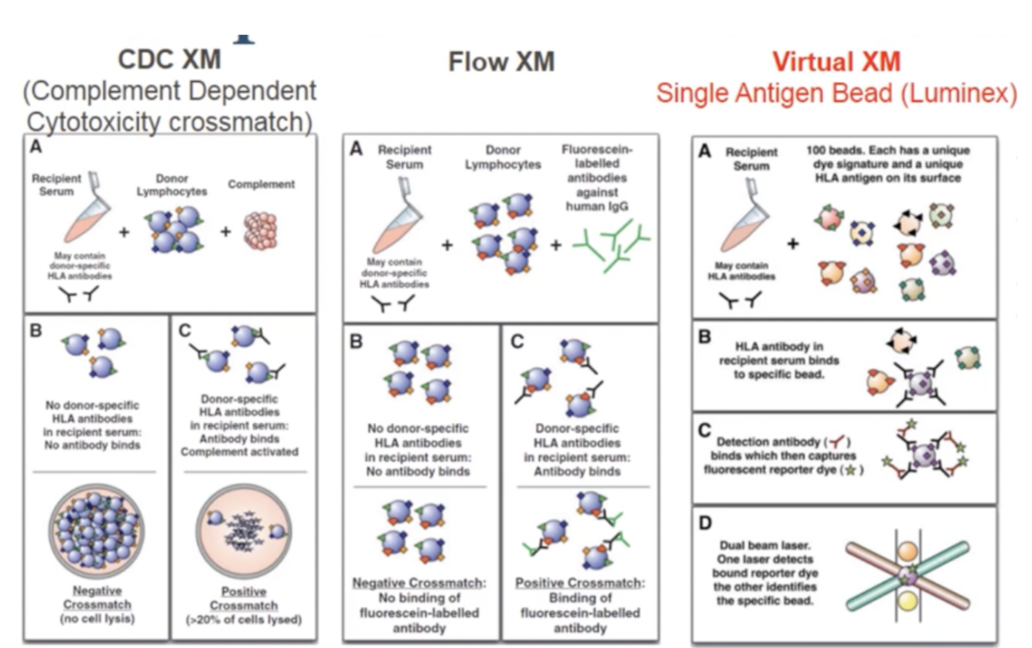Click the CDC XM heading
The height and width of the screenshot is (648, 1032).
(169, 60)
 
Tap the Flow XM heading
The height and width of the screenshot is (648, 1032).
(501, 61)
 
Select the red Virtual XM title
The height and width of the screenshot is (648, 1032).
(836, 62)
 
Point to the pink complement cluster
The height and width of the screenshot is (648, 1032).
(265, 229)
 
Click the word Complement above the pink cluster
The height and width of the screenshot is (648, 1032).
(261, 185)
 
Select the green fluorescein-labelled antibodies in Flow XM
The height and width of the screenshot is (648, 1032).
(611, 243)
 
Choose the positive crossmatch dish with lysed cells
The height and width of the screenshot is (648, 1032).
(241, 534)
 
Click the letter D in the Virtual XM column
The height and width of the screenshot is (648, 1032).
(706, 524)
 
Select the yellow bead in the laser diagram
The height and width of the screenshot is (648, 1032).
(909, 603)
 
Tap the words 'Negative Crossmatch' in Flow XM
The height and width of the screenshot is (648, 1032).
(419, 582)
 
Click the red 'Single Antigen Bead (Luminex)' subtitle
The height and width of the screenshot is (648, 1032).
(836, 94)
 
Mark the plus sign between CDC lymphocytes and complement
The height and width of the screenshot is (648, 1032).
(225, 230)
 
